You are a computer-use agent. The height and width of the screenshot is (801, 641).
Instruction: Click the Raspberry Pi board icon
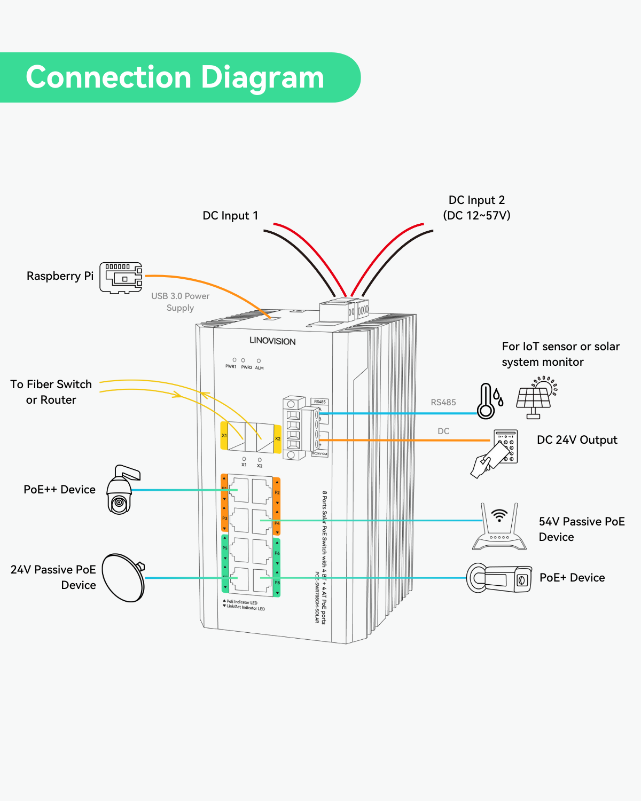[121, 277]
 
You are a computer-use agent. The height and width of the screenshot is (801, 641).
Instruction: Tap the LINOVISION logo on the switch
[272, 341]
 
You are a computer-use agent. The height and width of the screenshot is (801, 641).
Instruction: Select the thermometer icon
[486, 400]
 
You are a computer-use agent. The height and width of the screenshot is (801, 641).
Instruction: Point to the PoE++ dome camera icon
[122, 490]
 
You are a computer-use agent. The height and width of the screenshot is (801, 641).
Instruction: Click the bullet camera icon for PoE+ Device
[499, 578]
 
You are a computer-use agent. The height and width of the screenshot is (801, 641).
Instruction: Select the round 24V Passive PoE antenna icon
[123, 578]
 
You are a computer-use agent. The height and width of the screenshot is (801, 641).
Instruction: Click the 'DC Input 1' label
[230, 216]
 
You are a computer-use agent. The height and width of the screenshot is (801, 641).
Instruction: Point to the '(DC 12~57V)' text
[476, 216]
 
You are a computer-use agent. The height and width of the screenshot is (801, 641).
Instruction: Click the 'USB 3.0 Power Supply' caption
[180, 302]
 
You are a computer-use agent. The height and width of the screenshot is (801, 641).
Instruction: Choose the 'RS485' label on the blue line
[443, 403]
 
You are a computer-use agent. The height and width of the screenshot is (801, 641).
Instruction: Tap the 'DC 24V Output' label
[577, 440]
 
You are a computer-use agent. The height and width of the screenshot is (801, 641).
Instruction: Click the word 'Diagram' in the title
[262, 77]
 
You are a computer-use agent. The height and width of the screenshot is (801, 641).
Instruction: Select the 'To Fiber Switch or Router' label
[51, 392]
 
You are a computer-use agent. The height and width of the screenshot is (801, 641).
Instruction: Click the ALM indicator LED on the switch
[259, 361]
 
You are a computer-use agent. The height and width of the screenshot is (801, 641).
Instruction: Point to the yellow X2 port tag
[278, 439]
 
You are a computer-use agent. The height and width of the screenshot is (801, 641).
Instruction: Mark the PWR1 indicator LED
[234, 360]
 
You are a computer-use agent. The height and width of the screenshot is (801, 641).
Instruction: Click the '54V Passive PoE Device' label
[581, 529]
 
